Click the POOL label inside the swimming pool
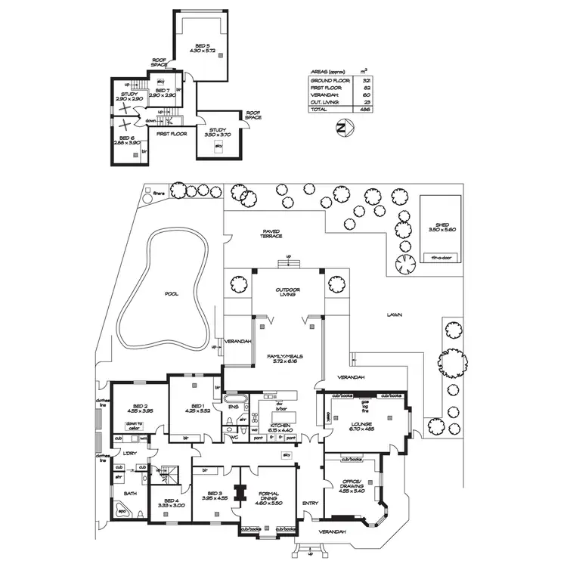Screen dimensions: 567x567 click(172, 294)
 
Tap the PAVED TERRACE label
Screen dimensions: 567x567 click(271, 234)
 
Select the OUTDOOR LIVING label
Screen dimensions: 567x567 click(288, 292)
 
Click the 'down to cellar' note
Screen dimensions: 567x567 click(134, 426)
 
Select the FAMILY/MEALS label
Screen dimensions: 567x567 click(287, 358)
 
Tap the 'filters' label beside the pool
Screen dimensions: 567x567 click(159, 193)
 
